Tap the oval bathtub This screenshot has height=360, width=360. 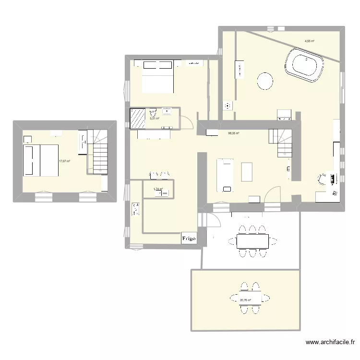tap(305, 67)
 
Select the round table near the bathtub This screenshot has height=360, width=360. tap(265, 81)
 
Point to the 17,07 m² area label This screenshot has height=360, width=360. tap(64, 162)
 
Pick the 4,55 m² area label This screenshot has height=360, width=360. tap(309, 41)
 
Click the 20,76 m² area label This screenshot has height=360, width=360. tap(245, 301)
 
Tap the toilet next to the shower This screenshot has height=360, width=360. tap(154, 114)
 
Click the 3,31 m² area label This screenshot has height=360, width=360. tap(155, 119)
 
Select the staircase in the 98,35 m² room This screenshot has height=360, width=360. tap(280, 143)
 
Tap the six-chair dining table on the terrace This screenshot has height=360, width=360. tap(252, 238)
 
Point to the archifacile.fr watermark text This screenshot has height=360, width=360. tap(330, 343)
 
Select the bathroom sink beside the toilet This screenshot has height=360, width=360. tap(168, 112)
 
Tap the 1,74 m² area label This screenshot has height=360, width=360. tap(158, 189)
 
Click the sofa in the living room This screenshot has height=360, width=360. tap(225, 175)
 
